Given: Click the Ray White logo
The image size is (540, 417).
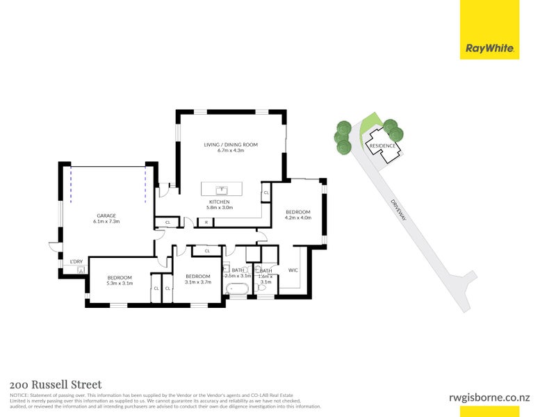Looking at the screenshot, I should pyautogui.click(x=489, y=49).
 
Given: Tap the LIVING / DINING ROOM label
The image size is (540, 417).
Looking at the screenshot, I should pyautogui.click(x=231, y=145).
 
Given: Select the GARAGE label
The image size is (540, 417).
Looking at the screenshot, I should pyautogui.click(x=106, y=215).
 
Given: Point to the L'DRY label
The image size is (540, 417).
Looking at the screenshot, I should pyautogui.click(x=76, y=261).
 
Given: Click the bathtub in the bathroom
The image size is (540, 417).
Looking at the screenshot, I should pyautogui.click(x=238, y=287).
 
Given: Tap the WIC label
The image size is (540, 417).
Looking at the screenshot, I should pyautogui.click(x=293, y=270).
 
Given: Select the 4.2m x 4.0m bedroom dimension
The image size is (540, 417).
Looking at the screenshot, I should pyautogui.click(x=298, y=218).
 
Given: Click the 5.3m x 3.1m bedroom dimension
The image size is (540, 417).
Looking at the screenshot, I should pyautogui.click(x=120, y=284).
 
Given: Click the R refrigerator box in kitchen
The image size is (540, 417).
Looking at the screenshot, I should pyautogui.click(x=205, y=222).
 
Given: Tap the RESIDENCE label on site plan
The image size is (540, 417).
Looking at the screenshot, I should pyautogui.click(x=382, y=146).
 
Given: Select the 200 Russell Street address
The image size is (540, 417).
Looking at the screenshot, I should pyautogui.click(x=56, y=384).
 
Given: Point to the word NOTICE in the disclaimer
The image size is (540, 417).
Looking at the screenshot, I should pyautogui.click(x=19, y=395).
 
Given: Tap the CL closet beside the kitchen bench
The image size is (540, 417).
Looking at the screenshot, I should pyautogui.click(x=265, y=193).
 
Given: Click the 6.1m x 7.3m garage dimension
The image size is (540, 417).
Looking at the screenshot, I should pyautogui.click(x=106, y=222).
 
